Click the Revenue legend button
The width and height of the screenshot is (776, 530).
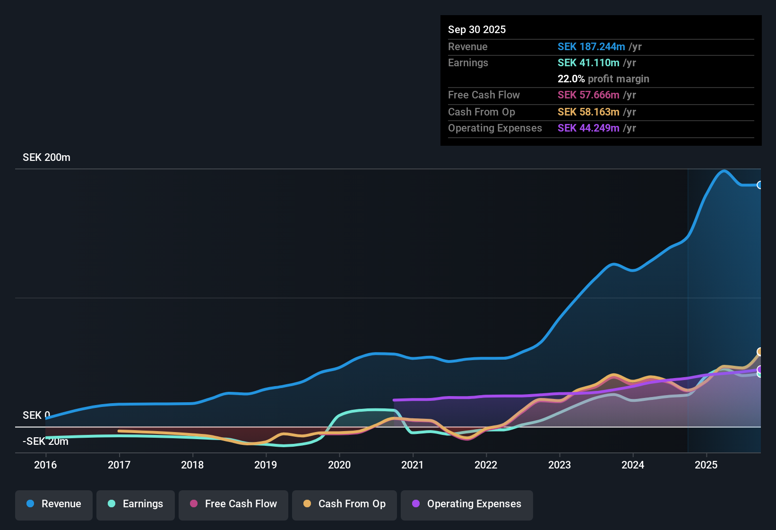pos(54,504)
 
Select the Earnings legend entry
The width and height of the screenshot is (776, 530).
pos(136,504)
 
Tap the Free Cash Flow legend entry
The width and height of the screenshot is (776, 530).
pos(233,504)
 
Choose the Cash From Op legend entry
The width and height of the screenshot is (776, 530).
pos(345,504)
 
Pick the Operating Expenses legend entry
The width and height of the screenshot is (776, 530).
pos(467,504)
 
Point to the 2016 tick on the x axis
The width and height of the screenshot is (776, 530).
pos(45,465)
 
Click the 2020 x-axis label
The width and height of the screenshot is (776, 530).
pos(339,465)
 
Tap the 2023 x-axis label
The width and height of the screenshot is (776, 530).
pos(560,465)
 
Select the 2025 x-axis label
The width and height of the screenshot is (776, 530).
pos(706,465)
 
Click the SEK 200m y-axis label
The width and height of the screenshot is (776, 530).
pos(46,158)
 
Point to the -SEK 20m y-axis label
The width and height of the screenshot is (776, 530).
pos(45,442)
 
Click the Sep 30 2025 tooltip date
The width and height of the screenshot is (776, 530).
pos(477,30)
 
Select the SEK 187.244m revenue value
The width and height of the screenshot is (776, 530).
pos(591,47)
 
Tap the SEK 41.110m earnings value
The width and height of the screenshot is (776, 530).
pos(588,63)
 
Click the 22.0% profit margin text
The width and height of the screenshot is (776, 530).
pos(603,79)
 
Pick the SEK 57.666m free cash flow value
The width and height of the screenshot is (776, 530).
pos(588,95)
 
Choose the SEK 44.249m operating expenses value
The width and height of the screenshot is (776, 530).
pos(588,128)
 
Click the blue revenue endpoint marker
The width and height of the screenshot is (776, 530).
pos(759,185)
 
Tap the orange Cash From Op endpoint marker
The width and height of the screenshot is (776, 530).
pos(760,352)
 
